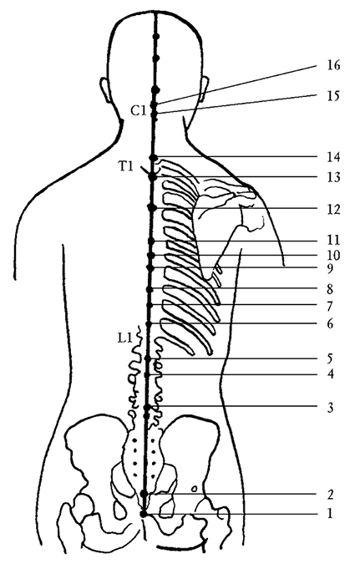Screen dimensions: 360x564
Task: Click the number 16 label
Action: click(x=333, y=65)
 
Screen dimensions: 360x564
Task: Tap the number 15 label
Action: click(x=333, y=96)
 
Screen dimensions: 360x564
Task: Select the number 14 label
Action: click(x=333, y=157)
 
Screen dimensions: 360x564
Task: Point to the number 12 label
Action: click(x=333, y=209)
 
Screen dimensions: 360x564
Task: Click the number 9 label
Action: click(x=330, y=268)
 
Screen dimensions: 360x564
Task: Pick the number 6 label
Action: click(x=330, y=323)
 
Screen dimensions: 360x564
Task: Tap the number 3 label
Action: click(x=330, y=408)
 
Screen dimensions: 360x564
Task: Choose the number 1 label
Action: click(x=330, y=513)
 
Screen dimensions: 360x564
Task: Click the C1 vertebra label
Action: click(x=138, y=111)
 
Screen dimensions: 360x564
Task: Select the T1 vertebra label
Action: click(x=126, y=166)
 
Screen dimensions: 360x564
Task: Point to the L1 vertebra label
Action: click(x=125, y=338)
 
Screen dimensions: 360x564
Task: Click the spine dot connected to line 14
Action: click(x=154, y=158)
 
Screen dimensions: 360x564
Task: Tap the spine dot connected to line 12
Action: click(x=152, y=207)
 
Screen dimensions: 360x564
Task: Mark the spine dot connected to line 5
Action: click(x=147, y=358)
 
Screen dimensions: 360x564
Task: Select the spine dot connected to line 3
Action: click(x=146, y=407)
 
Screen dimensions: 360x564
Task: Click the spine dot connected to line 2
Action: click(x=145, y=494)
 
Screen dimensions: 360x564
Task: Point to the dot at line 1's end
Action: click(x=144, y=514)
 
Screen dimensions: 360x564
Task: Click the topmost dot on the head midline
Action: click(x=156, y=36)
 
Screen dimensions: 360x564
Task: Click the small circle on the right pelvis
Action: click(x=195, y=489)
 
